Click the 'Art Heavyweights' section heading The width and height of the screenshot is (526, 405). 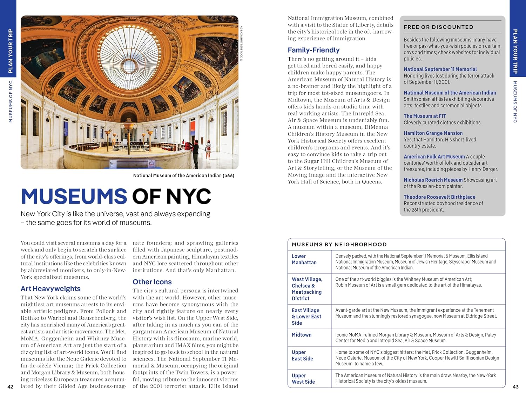pyautogui.click(x=50, y=288)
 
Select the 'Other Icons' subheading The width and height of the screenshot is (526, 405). pyautogui.click(x=152, y=282)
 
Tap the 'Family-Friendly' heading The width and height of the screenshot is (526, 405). pyautogui.click(x=313, y=50)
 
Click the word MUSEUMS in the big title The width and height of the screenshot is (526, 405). pyautogui.click(x=74, y=196)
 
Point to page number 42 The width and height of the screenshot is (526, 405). pyautogui.click(x=11, y=387)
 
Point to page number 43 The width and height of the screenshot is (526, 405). pyautogui.click(x=515, y=387)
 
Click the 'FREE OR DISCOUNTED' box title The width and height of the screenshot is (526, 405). pyautogui.click(x=438, y=27)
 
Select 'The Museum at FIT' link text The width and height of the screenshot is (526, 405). pyautogui.click(x=425, y=116)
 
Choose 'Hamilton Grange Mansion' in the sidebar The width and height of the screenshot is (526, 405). pyautogui.click(x=433, y=133)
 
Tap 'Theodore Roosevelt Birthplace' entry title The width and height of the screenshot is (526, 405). pyautogui.click(x=439, y=197)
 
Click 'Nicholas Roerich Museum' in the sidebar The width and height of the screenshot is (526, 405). pyautogui.click(x=433, y=180)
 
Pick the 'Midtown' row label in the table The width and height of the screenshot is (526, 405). pyautogui.click(x=302, y=335)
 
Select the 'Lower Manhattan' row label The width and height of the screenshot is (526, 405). pyautogui.click(x=304, y=259)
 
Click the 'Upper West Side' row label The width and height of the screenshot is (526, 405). pyautogui.click(x=303, y=379)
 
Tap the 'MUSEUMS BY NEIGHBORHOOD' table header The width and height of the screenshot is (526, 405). pyautogui.click(x=339, y=245)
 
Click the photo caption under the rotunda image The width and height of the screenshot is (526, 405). pyautogui.click(x=183, y=175)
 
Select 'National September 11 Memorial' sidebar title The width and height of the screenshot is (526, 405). pyautogui.click(x=440, y=69)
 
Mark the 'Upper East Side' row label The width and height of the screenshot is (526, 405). pyautogui.click(x=302, y=356)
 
